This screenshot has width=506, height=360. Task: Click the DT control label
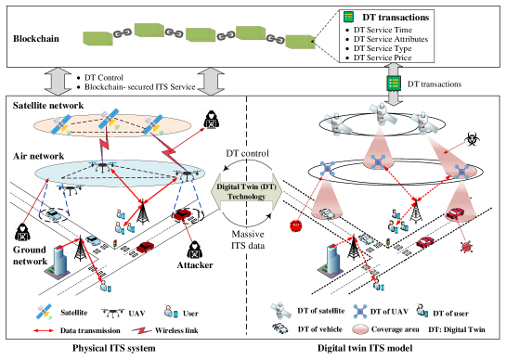(248, 152)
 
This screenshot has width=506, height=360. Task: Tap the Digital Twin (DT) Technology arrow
(248, 191)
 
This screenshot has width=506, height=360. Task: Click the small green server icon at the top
(348, 17)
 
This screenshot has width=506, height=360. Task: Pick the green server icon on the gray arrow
(393, 84)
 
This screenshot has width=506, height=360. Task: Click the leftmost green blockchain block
(97, 38)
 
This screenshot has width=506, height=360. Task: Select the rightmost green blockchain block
(299, 42)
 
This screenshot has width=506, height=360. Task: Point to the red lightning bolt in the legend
(141, 330)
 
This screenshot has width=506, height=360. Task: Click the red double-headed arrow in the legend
(44, 330)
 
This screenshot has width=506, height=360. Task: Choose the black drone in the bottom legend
(111, 313)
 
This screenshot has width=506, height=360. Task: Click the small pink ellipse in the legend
(360, 330)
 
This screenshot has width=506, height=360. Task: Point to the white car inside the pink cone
(327, 212)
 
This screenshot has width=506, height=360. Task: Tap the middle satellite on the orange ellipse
(109, 117)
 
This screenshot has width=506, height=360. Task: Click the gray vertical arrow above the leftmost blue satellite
(58, 81)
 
